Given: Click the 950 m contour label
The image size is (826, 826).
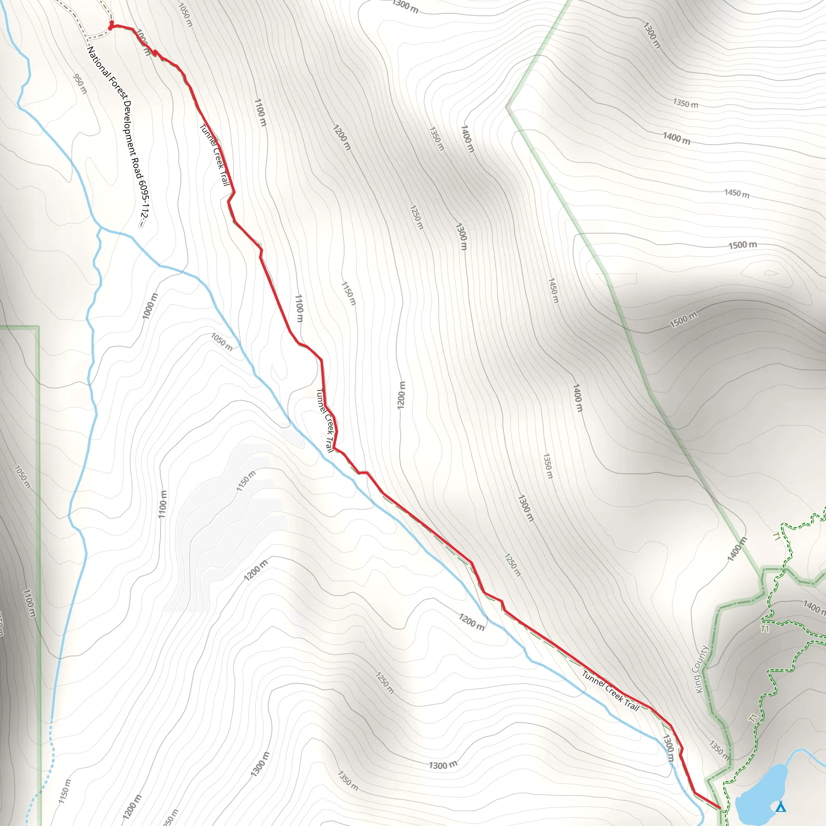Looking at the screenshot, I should [80, 84].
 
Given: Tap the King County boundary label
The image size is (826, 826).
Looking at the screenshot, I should [700, 669].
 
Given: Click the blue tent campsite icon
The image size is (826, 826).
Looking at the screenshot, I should [781, 806].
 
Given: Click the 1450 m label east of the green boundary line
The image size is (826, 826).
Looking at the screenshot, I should [736, 193].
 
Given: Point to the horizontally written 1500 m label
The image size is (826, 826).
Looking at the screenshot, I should [743, 245].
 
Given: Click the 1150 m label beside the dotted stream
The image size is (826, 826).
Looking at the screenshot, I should [65, 791].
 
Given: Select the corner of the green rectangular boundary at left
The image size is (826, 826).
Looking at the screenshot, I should [38, 327].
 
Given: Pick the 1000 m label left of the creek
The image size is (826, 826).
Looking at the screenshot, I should [150, 305].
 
